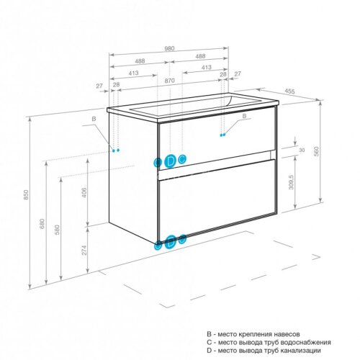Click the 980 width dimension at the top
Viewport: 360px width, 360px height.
169,48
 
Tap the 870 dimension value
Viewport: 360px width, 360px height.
169,81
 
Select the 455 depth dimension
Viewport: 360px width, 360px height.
289,91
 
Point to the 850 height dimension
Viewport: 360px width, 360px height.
26,194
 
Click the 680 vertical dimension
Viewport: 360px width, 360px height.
42,224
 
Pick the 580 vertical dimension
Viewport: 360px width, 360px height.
57,230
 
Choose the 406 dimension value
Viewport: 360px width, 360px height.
84,192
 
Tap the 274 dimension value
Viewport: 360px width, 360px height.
84,250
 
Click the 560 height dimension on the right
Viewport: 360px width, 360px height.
317,151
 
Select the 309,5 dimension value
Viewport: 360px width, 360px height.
291,182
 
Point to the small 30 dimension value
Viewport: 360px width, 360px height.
302,150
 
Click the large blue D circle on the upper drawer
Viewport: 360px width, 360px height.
170,161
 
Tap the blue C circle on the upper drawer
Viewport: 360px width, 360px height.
182,158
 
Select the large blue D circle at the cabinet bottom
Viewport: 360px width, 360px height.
171,243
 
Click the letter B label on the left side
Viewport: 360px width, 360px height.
94,119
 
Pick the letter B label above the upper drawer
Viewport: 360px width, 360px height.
244,116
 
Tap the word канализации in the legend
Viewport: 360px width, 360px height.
301,351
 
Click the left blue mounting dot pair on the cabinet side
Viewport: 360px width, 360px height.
116,150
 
